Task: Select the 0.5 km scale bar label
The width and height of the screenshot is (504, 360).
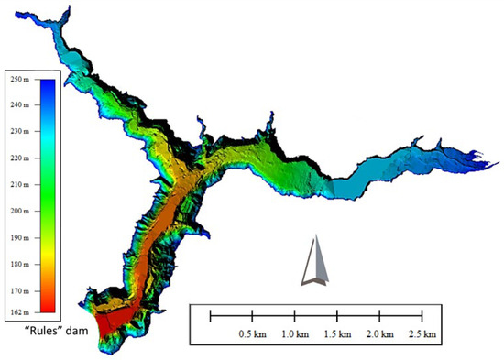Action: tap(252, 333)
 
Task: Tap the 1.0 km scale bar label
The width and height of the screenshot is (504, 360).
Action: tap(295, 333)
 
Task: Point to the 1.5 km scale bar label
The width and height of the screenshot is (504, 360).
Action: tap(337, 333)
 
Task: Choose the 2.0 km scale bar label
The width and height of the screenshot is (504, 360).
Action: tap(379, 333)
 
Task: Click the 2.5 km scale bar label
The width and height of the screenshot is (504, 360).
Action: tap(422, 333)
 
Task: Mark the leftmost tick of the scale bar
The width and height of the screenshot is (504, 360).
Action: tap(212, 316)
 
